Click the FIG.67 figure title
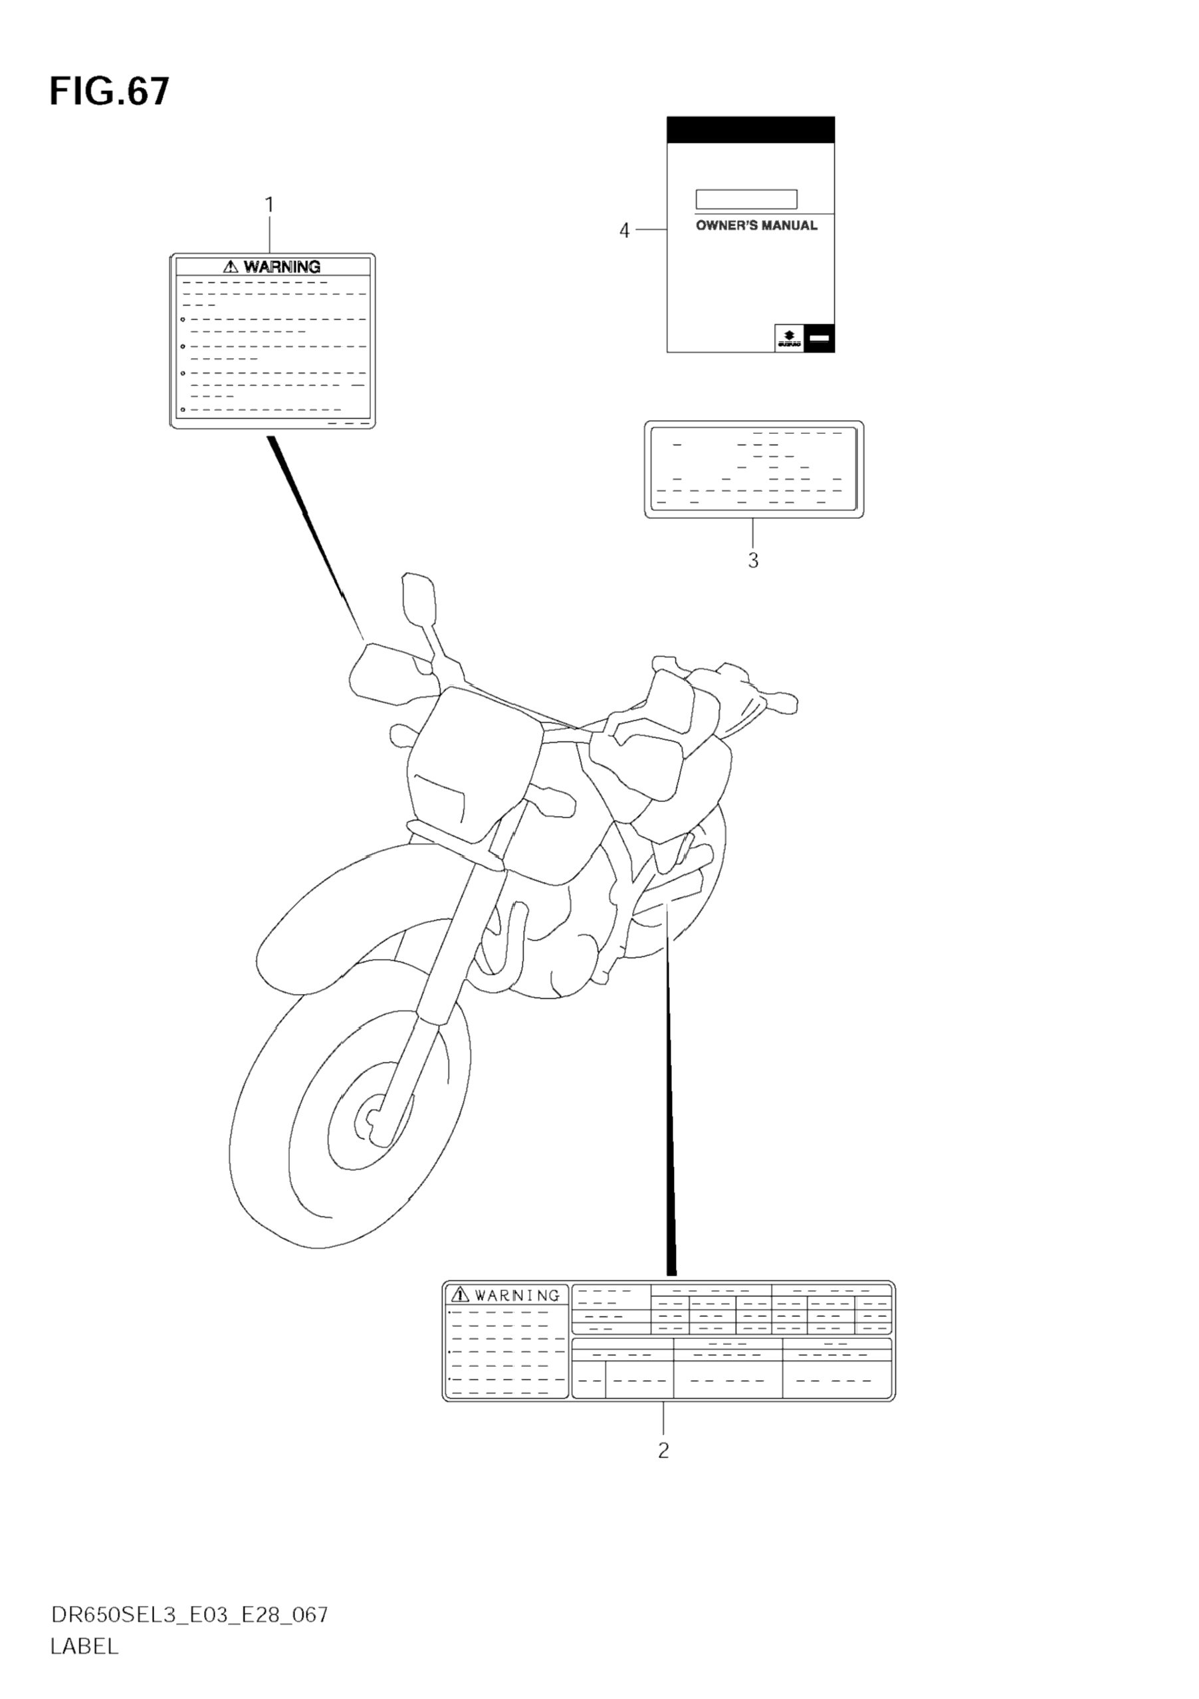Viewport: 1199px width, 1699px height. point(110,92)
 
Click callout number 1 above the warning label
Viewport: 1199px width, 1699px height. point(269,204)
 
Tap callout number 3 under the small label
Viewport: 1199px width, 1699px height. point(753,560)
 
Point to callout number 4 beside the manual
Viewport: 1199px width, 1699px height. point(624,231)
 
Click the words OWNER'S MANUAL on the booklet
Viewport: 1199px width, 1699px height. point(756,226)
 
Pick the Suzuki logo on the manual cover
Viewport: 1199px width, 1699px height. point(789,338)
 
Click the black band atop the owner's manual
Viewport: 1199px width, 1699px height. point(750,130)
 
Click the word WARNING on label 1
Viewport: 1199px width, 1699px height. point(282,266)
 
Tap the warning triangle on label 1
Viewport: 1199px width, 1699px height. point(231,266)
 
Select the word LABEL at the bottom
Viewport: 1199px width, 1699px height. point(84,1647)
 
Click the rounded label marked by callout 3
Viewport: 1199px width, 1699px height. point(754,469)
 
